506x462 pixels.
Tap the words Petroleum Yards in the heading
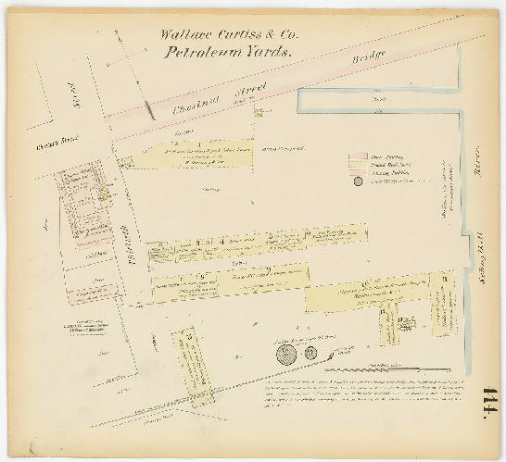[228, 52]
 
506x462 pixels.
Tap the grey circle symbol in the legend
[358, 181]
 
